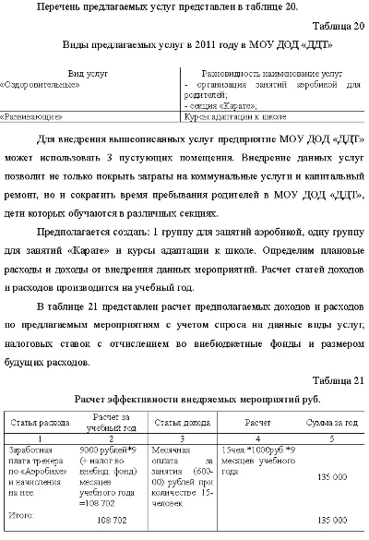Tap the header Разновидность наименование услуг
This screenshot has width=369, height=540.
click(x=272, y=71)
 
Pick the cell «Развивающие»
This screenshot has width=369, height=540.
click(x=34, y=117)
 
